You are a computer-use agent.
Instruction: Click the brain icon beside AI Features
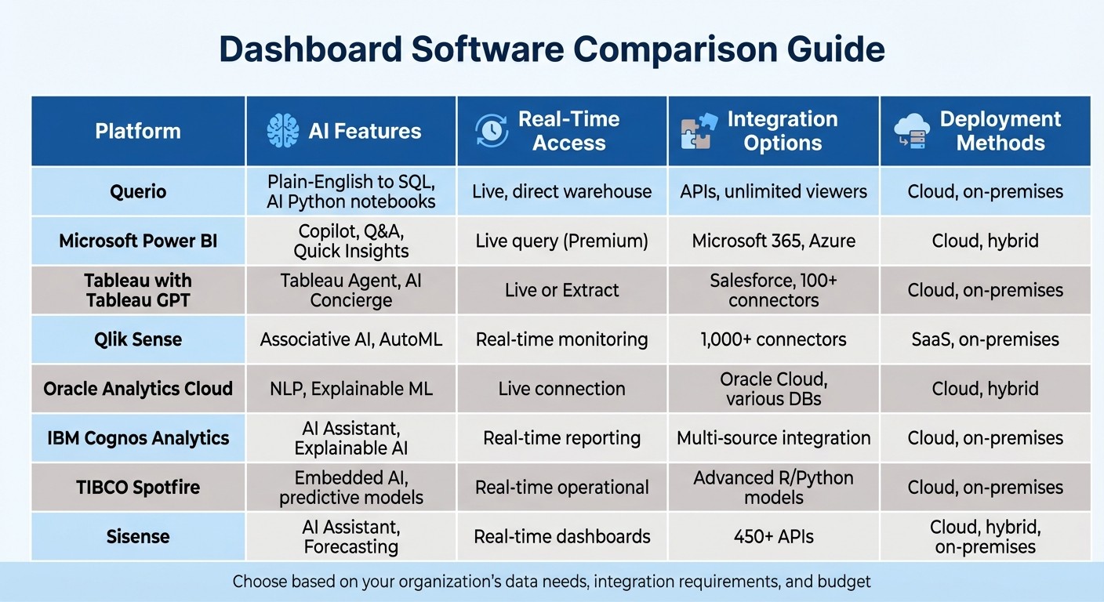click(x=282, y=131)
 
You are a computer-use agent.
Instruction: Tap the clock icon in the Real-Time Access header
click(x=492, y=131)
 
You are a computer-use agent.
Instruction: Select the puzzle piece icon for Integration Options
click(x=698, y=131)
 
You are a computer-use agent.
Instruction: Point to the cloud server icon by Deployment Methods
click(x=912, y=131)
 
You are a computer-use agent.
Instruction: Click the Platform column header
click(x=138, y=131)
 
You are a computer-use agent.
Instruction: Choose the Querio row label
click(x=138, y=191)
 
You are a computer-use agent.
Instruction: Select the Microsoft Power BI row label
click(x=138, y=241)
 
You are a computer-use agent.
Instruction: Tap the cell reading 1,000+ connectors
click(x=773, y=339)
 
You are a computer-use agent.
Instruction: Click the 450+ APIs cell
click(x=773, y=536)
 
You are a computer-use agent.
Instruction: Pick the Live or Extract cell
click(x=561, y=290)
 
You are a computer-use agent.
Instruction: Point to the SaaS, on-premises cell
click(x=985, y=339)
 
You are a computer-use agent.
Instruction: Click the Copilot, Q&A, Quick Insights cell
click(x=350, y=241)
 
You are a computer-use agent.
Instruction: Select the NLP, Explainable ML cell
click(x=350, y=389)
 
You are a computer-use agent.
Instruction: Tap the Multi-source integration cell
click(x=773, y=438)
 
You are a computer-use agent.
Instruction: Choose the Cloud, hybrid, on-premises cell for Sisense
click(x=985, y=536)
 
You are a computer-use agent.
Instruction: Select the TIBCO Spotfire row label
click(x=138, y=487)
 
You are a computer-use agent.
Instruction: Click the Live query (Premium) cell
click(x=561, y=241)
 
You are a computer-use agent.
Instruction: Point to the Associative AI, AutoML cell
click(x=350, y=339)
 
